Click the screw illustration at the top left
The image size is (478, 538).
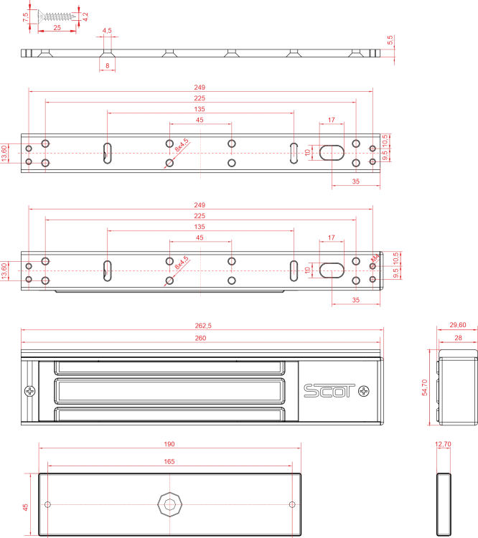click(x=57, y=16)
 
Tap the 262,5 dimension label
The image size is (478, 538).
click(x=203, y=326)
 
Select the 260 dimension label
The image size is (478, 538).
click(x=200, y=338)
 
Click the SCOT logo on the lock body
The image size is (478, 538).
click(x=329, y=391)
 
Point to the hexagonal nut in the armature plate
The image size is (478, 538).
click(x=169, y=504)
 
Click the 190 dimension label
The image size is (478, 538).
click(x=169, y=444)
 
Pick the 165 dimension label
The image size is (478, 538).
click(x=169, y=461)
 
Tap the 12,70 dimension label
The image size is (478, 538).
click(x=443, y=444)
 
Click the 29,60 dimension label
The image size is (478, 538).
click(x=458, y=324)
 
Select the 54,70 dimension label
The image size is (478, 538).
click(x=424, y=387)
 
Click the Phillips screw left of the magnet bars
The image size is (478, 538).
click(x=30, y=391)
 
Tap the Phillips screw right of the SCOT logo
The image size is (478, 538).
click(x=364, y=391)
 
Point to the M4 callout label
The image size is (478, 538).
click(x=375, y=258)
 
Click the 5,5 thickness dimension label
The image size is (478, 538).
click(x=390, y=39)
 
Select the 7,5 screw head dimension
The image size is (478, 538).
click(x=25, y=17)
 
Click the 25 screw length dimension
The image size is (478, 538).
click(x=57, y=27)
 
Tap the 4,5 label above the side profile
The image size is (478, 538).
click(x=107, y=31)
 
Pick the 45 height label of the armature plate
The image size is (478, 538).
click(x=25, y=507)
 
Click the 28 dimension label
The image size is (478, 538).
click(x=458, y=338)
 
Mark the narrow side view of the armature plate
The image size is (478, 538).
click(x=444, y=504)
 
